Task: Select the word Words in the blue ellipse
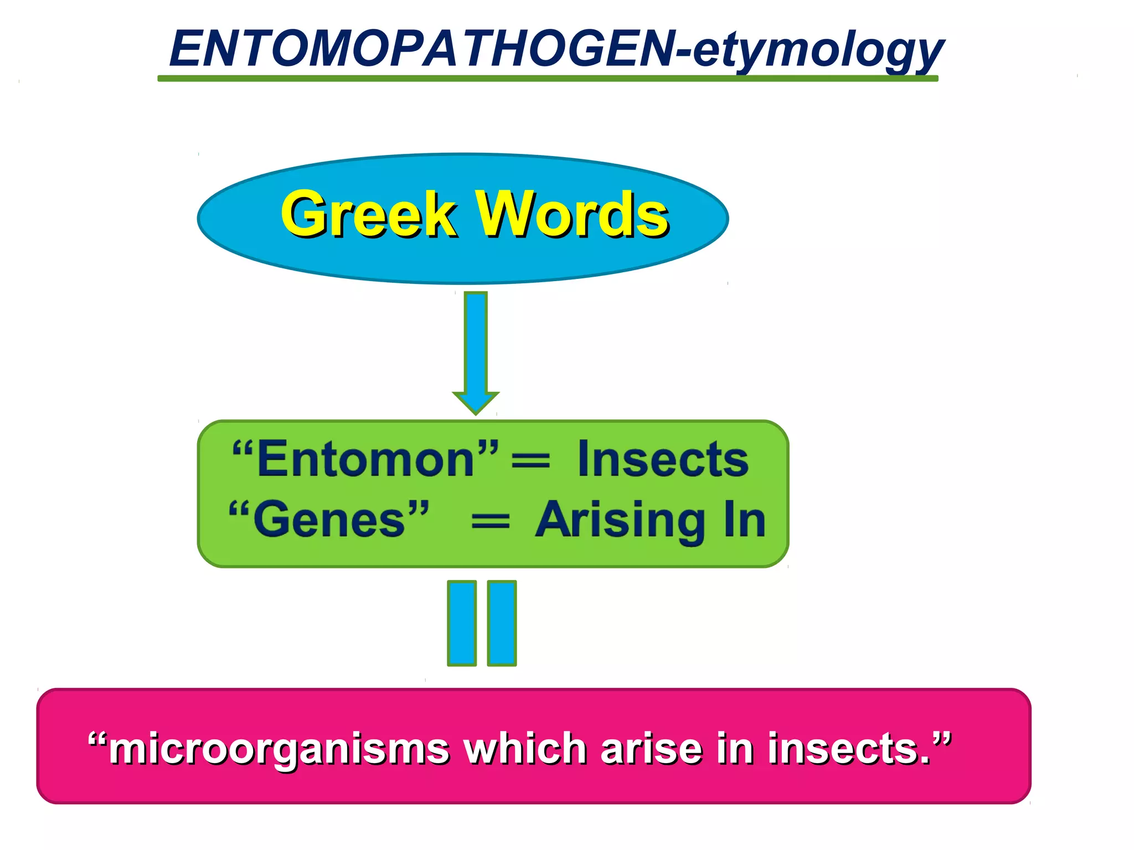(573, 214)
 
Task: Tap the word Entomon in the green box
(365, 459)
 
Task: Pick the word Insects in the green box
(663, 459)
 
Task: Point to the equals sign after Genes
(490, 521)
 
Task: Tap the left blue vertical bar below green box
(462, 623)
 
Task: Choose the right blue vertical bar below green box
(502, 623)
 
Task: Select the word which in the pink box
(524, 748)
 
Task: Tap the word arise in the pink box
(651, 748)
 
